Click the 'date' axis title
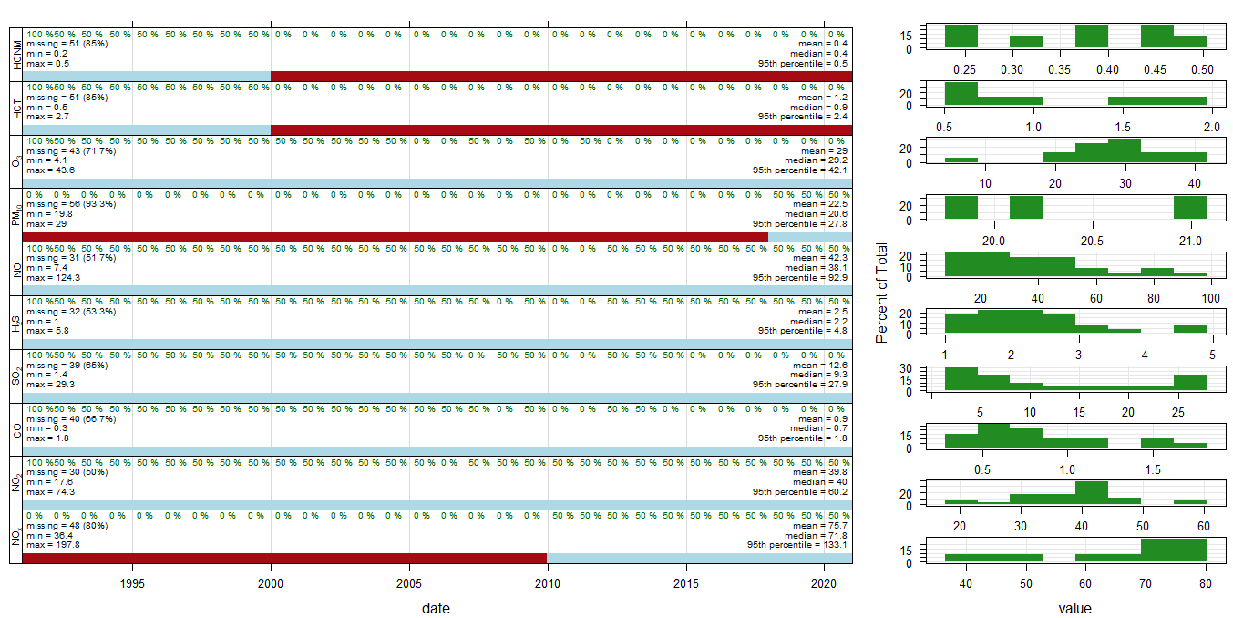point(436,608)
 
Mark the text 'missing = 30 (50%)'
point(67,472)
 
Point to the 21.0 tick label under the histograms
point(1190,241)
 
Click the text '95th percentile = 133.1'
point(799,545)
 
